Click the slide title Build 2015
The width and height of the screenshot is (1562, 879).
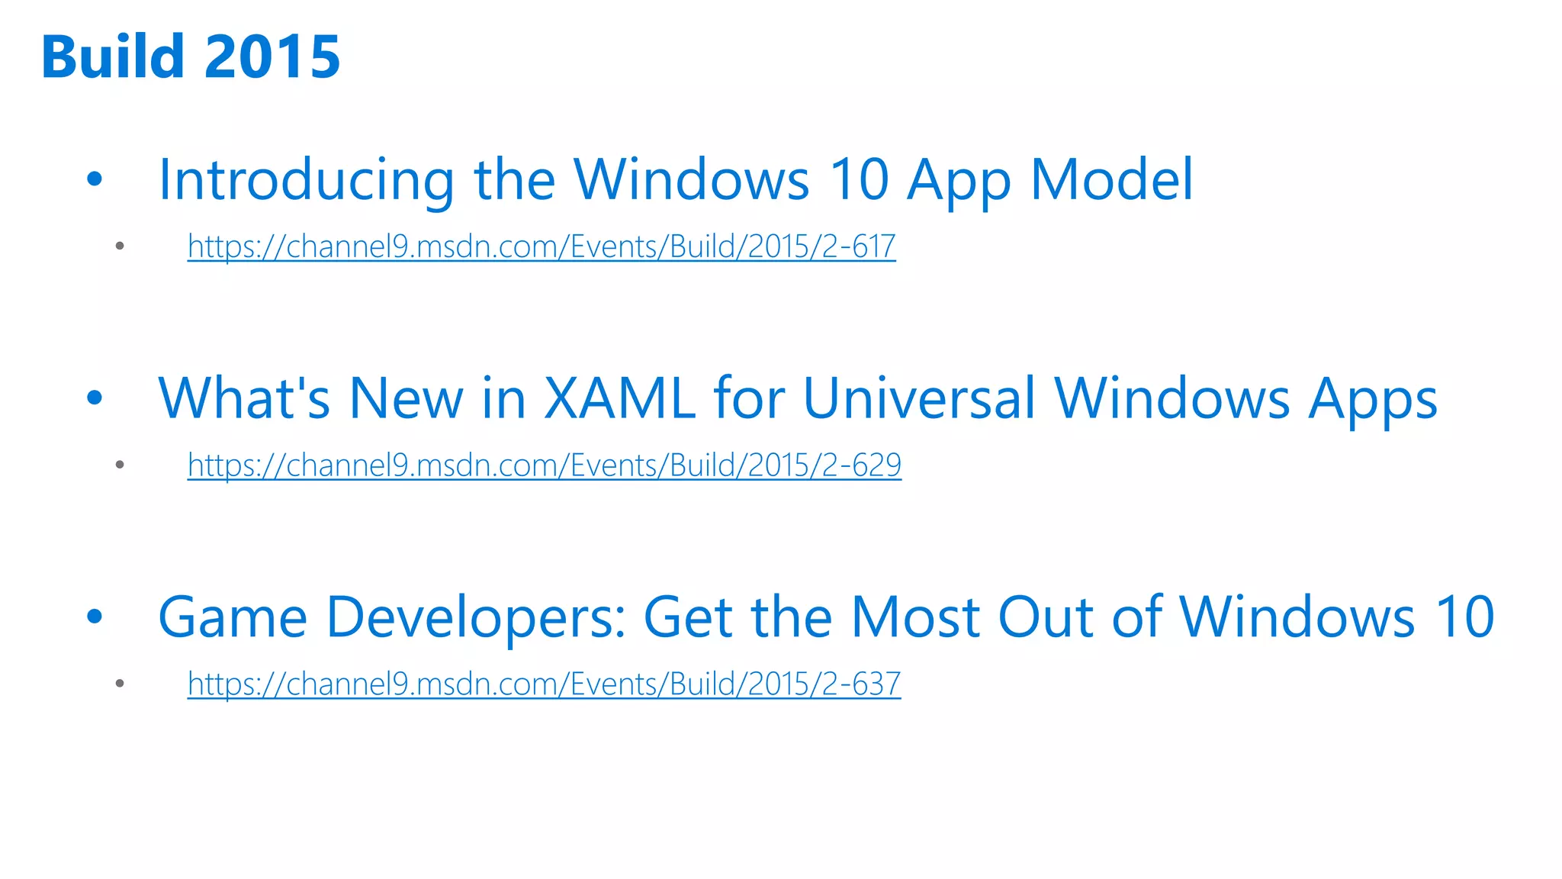191,57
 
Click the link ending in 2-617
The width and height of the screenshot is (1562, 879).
542,246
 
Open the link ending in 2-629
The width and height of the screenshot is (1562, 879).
545,465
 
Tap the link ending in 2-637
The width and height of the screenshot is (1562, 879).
544,684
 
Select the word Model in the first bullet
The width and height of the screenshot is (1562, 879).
1111,180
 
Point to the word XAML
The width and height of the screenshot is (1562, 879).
619,398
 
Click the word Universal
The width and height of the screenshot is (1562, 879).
918,398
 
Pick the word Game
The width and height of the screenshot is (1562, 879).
233,617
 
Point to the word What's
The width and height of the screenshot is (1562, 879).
244,398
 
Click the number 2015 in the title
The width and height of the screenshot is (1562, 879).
272,57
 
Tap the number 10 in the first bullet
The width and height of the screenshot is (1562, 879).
859,180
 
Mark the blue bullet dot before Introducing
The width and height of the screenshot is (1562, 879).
95,180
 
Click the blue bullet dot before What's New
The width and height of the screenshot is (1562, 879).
95,398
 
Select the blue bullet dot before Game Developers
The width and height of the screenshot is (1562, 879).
95,617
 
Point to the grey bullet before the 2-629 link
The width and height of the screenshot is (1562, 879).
120,465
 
